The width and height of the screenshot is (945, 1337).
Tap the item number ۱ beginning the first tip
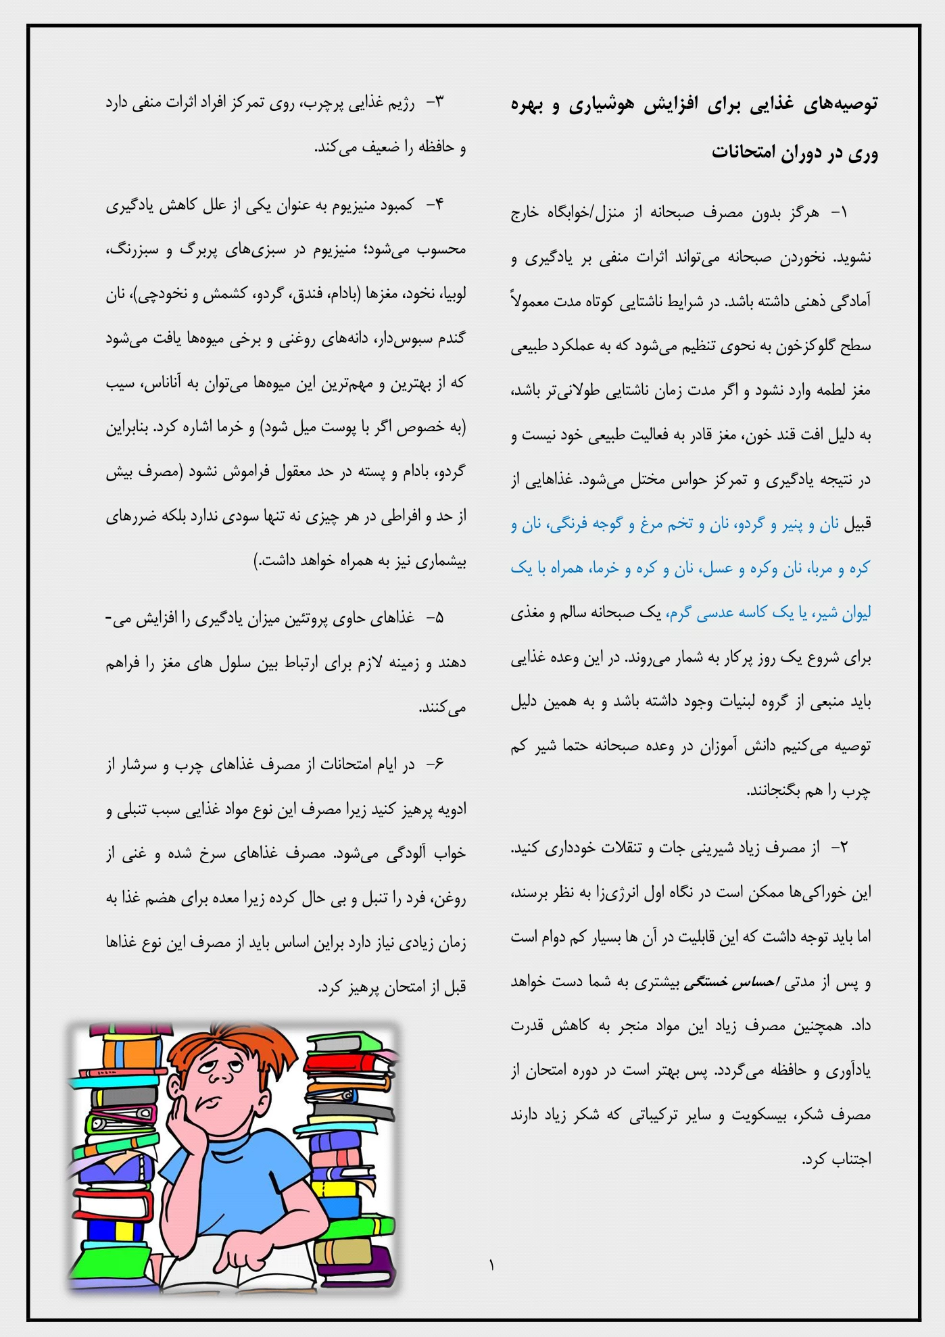(x=839, y=214)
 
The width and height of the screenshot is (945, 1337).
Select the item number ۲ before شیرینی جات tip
(x=839, y=848)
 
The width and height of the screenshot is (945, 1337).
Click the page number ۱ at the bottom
(x=491, y=1265)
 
